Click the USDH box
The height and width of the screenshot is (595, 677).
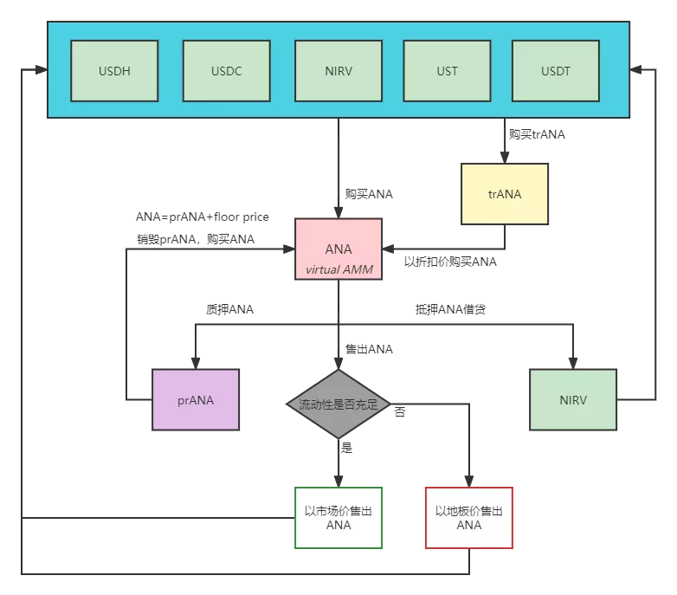click(114, 71)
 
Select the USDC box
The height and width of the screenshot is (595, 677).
click(227, 71)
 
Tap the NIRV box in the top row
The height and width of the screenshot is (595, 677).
click(338, 71)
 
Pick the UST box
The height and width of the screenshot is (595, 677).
click(447, 71)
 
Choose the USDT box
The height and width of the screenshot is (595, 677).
click(556, 71)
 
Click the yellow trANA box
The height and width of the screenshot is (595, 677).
click(505, 194)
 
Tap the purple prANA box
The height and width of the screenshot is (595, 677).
click(196, 400)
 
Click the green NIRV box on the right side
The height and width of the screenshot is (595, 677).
click(573, 400)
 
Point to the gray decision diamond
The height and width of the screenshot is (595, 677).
click(338, 404)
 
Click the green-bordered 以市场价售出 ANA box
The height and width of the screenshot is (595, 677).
click(338, 518)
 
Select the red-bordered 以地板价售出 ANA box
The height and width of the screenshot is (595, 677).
click(468, 518)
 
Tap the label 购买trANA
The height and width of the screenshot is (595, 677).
click(537, 134)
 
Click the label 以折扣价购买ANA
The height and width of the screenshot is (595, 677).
click(450, 262)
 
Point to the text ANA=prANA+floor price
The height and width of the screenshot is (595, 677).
click(203, 217)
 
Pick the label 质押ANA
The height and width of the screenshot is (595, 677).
click(229, 309)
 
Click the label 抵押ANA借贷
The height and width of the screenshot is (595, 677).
click(450, 309)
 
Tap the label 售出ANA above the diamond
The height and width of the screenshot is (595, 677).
click(369, 349)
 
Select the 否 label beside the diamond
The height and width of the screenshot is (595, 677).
click(399, 412)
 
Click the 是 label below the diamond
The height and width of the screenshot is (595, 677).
click(347, 449)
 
